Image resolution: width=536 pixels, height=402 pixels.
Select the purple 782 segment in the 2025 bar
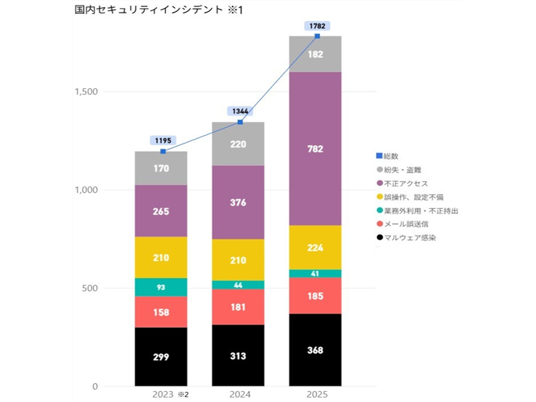315,149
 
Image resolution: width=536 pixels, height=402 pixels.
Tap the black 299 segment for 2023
161,357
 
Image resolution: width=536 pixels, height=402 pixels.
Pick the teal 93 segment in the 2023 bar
161,287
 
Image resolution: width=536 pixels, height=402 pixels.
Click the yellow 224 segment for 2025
315,248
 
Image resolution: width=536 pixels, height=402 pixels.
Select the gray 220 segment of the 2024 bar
238,145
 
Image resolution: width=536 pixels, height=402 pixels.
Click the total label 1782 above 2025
317,26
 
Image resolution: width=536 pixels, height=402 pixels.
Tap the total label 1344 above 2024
239,111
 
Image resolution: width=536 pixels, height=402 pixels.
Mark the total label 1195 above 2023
163,140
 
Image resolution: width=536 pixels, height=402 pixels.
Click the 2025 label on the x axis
315,394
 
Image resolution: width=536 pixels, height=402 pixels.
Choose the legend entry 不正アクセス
405,183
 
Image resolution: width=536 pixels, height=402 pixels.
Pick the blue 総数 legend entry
390,156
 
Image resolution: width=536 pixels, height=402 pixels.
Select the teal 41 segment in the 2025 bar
315,273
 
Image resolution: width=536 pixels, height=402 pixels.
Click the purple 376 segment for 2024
238,202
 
